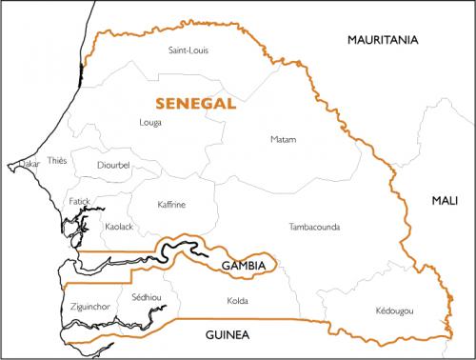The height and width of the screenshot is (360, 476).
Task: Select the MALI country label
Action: (444, 200)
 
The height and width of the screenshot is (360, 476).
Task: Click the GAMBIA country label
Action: (242, 264)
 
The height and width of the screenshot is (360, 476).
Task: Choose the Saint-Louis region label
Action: (187, 50)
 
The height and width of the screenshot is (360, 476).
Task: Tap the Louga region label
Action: (150, 123)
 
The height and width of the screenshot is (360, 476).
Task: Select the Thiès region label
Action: (57, 162)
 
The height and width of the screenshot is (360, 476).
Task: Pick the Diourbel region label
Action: (112, 165)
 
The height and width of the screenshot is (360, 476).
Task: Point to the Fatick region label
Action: (80, 202)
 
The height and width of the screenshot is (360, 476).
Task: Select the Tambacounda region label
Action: (312, 227)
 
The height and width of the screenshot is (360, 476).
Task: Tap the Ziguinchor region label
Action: (92, 307)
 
